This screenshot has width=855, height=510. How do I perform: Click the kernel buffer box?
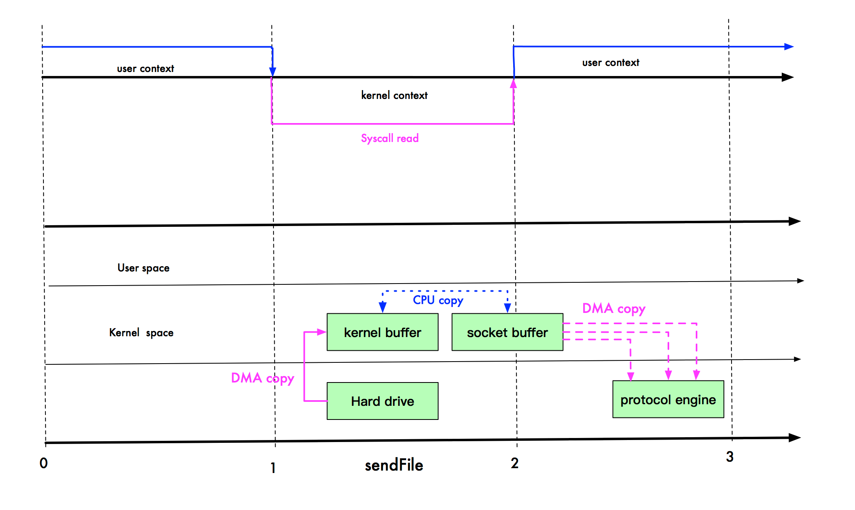[x=382, y=332]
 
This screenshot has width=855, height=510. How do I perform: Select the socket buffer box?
[x=507, y=332]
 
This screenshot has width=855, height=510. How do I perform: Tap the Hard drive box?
[x=382, y=401]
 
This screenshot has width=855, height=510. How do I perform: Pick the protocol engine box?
[x=668, y=399]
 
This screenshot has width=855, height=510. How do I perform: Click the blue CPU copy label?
[x=438, y=300]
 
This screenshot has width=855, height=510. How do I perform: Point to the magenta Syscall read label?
[x=389, y=138]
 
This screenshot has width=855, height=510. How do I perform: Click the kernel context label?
[x=394, y=95]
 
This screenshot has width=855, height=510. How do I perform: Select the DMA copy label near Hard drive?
[x=262, y=378]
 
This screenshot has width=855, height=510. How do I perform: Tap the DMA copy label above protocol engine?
[x=613, y=308]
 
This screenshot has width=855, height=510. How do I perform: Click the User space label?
[x=143, y=268]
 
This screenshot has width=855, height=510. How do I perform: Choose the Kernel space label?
[x=141, y=333]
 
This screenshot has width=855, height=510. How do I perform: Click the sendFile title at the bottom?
[x=393, y=465]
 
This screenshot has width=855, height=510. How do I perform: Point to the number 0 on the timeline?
[x=43, y=463]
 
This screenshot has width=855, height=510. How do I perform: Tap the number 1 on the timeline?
[x=273, y=468]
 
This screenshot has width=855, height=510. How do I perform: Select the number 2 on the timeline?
[x=514, y=463]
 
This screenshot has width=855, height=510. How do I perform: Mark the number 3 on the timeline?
[x=730, y=457]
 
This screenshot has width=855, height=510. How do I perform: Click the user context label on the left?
[x=145, y=69]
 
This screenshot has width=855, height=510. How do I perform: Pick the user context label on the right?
[x=610, y=63]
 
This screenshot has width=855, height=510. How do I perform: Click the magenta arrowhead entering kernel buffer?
[x=321, y=332]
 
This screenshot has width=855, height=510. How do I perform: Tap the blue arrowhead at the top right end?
[x=789, y=47]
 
